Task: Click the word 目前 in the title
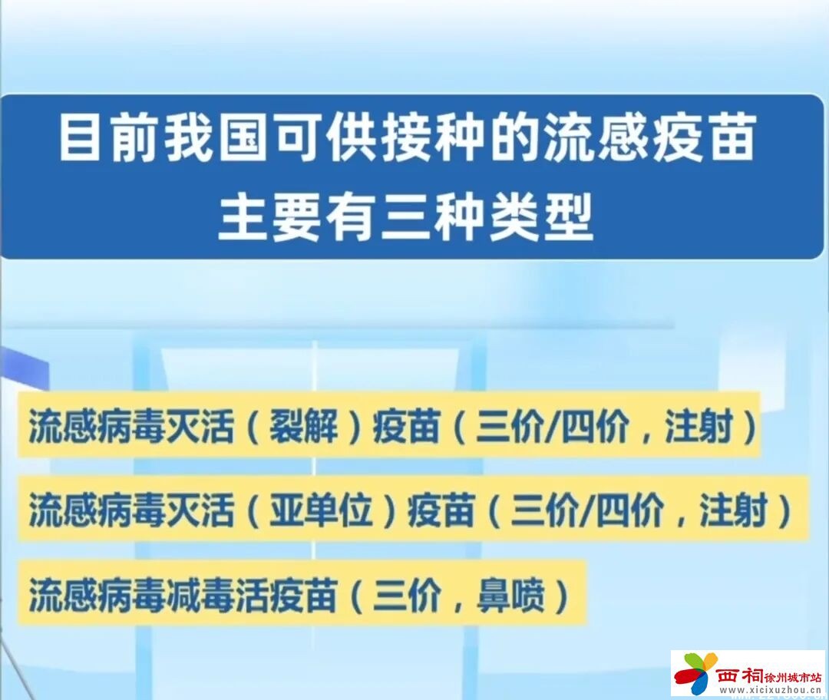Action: pos(107,140)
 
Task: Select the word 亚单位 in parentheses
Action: pos(321,510)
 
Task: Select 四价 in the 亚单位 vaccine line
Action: pos(629,510)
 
